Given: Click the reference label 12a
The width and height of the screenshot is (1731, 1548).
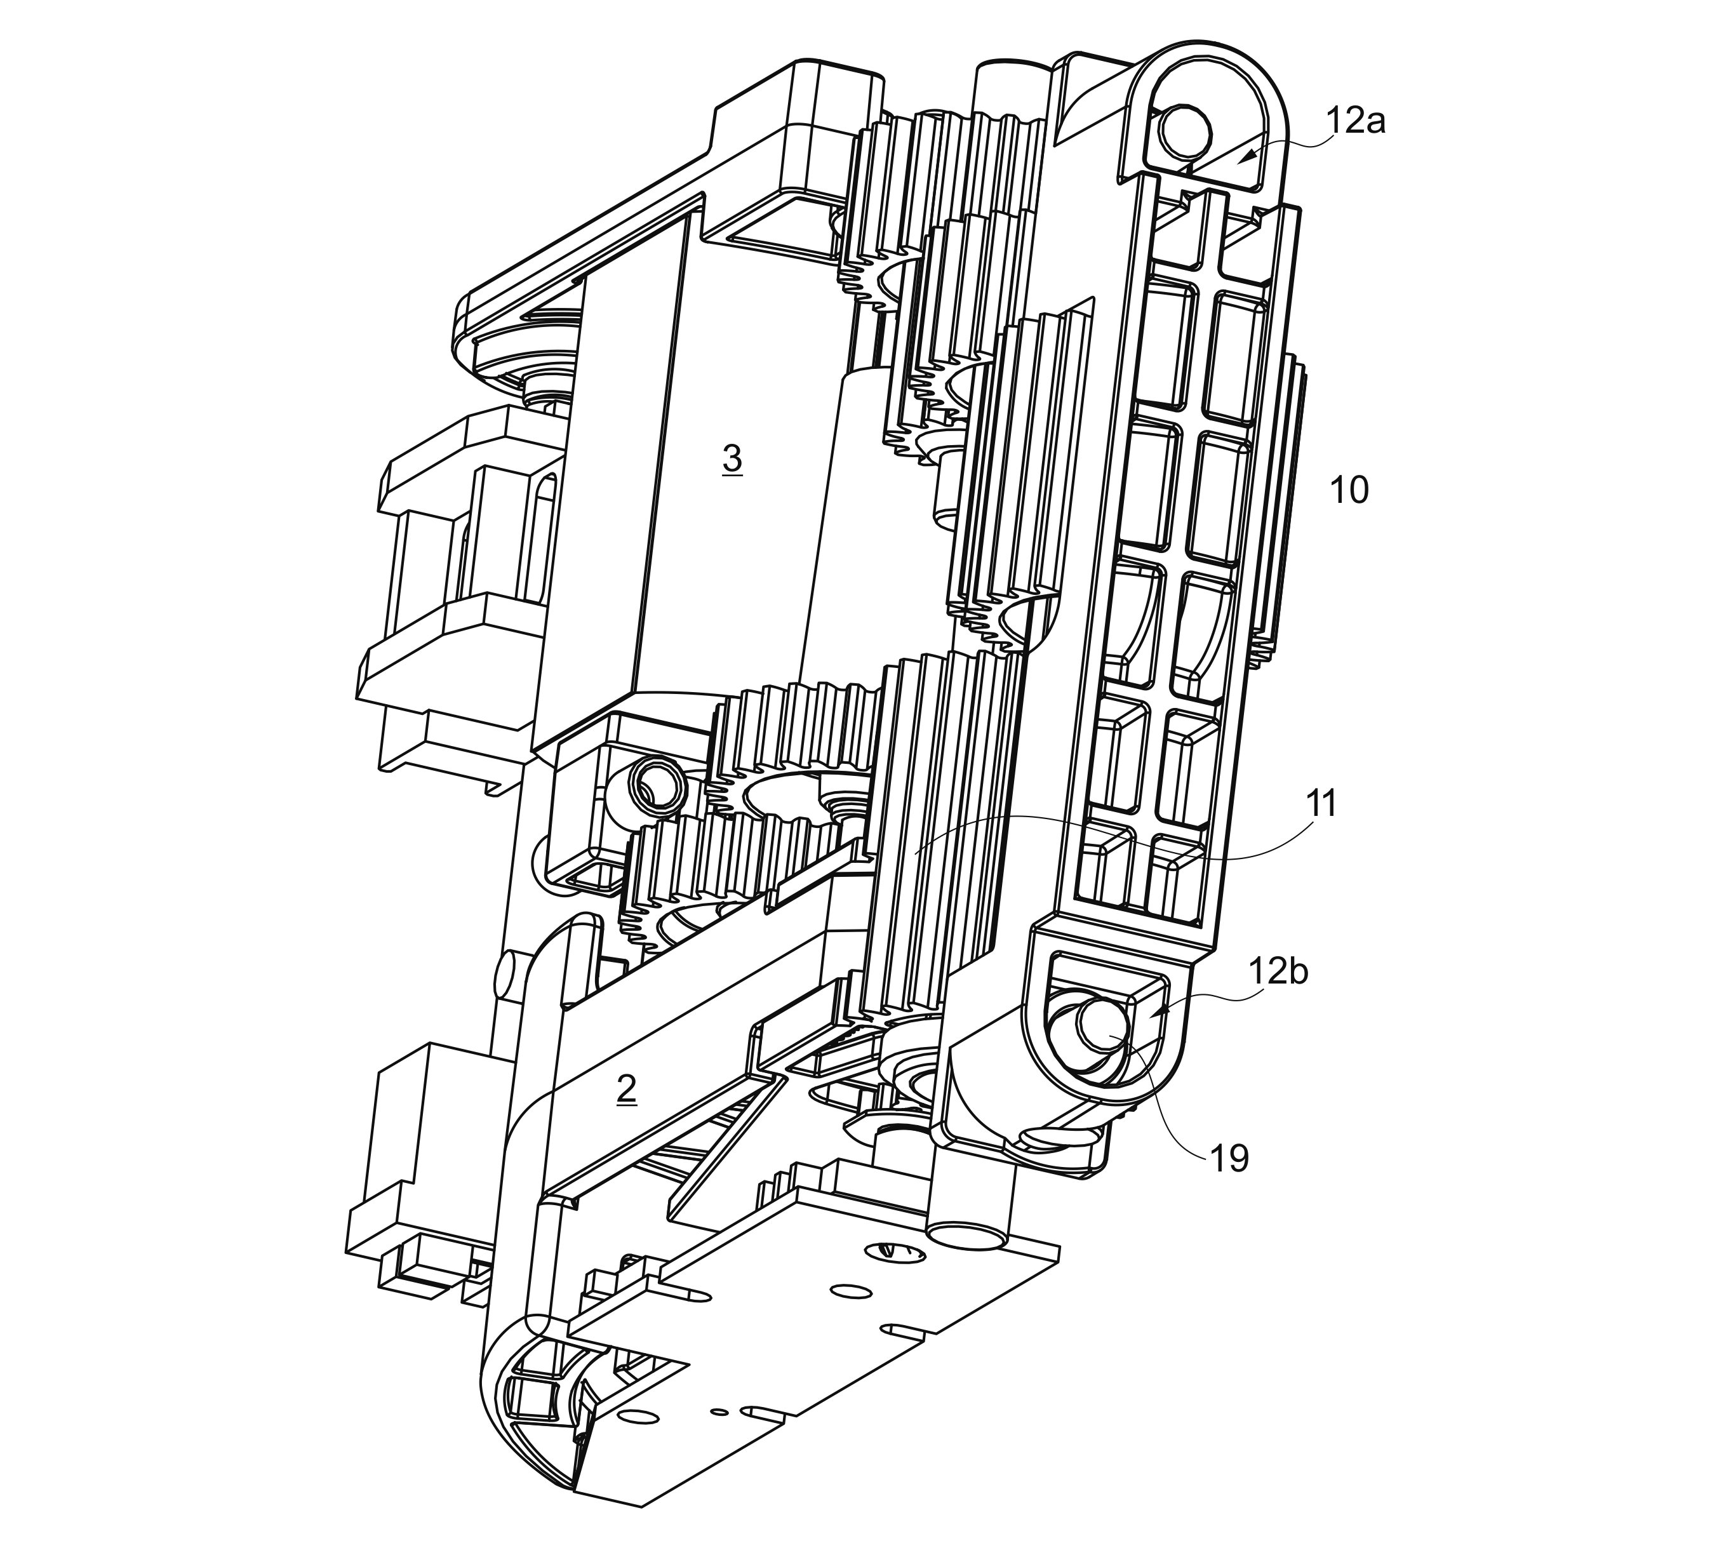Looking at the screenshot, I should (x=1355, y=122).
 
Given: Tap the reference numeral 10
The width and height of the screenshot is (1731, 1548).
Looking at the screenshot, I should (x=1348, y=491).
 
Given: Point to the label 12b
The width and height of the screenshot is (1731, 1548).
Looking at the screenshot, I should (x=1278, y=971).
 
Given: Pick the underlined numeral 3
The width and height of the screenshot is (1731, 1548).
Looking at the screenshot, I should (x=732, y=459).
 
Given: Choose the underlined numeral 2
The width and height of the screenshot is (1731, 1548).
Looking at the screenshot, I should (x=626, y=1090).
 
